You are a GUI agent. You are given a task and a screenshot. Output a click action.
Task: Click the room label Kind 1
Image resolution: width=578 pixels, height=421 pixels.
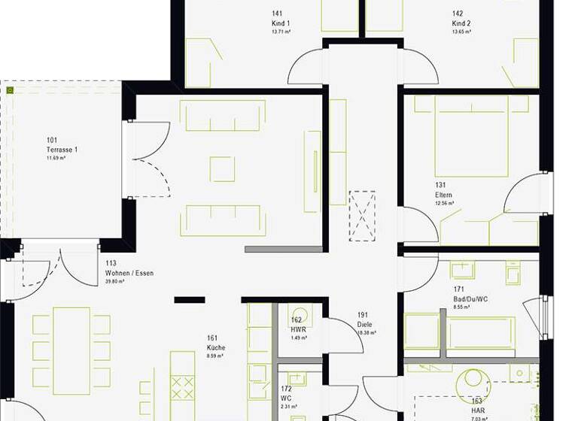tap(281, 23)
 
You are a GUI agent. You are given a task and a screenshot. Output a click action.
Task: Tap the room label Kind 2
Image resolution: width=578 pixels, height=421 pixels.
tap(461, 23)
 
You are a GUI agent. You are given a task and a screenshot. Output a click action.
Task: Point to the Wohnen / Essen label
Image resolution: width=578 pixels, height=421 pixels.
tap(129, 273)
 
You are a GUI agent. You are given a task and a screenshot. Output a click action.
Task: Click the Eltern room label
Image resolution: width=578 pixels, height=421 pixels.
tap(443, 195)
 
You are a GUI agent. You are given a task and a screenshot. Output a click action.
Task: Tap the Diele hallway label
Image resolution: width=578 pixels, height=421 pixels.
tap(365, 324)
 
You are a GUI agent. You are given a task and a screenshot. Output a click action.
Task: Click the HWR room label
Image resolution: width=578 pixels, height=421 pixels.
tap(297, 329)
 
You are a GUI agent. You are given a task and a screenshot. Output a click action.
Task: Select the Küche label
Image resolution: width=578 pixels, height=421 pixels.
tap(216, 348)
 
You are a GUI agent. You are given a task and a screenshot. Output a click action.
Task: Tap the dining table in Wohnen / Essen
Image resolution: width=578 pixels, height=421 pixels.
tap(71, 350)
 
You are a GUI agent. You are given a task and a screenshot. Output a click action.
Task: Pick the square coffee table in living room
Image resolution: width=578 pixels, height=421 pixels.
tap(222, 168)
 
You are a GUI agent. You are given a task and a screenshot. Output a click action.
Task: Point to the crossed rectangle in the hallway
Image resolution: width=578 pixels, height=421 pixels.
tap(362, 216)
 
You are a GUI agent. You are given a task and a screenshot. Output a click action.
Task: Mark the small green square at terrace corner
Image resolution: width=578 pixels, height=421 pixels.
tap(10, 90)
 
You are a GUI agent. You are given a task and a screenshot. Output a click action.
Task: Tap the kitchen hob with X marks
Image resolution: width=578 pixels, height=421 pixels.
tap(182, 388)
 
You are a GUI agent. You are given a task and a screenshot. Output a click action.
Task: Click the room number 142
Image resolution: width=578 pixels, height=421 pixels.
tap(458, 14)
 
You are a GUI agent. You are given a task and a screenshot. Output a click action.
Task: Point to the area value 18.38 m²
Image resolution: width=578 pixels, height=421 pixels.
tap(367, 332)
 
